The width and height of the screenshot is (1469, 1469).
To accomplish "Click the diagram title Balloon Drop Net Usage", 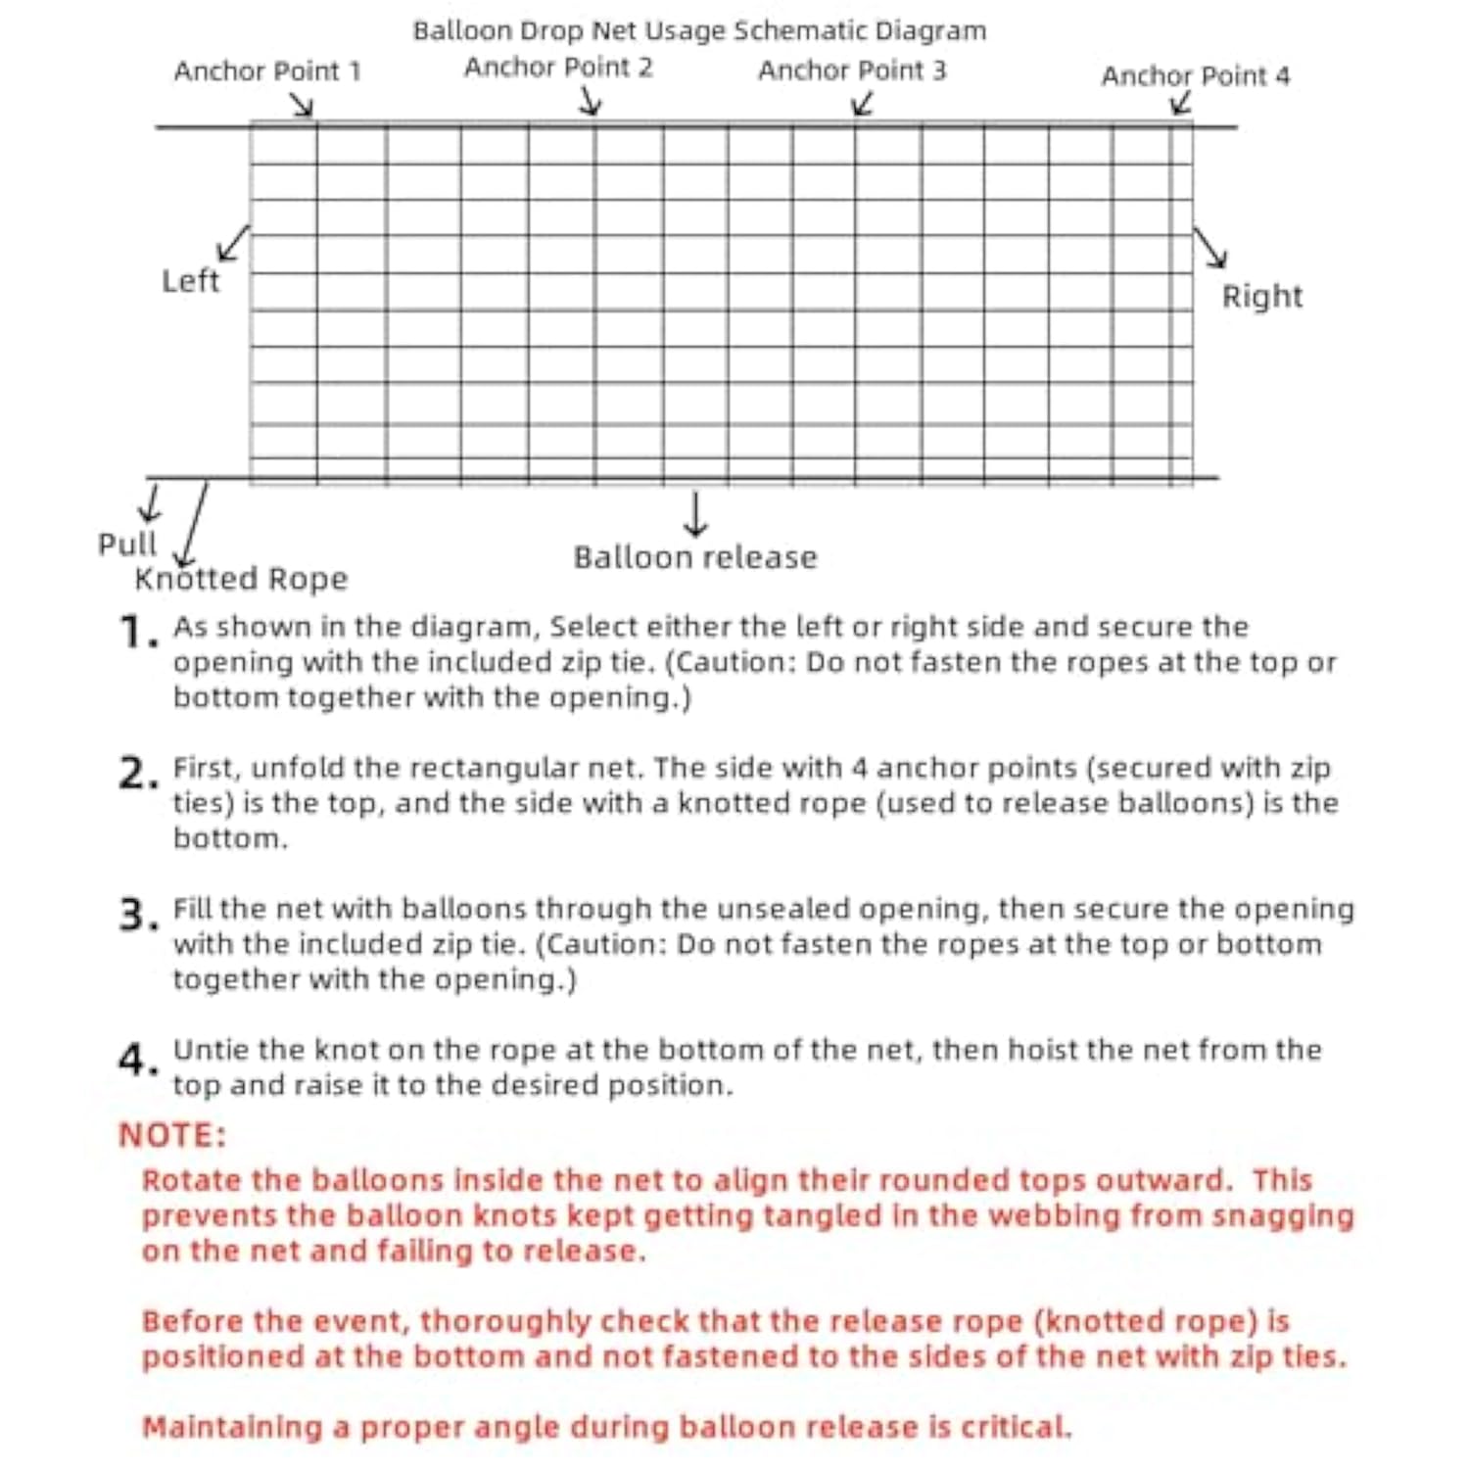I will tap(699, 31).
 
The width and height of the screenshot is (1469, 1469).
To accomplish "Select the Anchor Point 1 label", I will tap(267, 71).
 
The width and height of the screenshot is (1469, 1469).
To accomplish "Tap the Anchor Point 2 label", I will tap(558, 68).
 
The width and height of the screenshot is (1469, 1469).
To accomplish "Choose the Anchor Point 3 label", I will tap(852, 71).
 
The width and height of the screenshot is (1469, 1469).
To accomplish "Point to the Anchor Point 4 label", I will tap(1195, 76).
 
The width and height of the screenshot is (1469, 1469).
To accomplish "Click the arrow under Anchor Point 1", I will tap(303, 105).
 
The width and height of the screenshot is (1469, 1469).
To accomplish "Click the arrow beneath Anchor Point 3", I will tap(862, 104).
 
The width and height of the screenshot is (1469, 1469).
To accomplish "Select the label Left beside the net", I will tap(190, 281).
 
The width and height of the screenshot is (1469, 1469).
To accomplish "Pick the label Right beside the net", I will tap(1261, 297).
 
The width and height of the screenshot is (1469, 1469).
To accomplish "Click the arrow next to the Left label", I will tap(233, 244).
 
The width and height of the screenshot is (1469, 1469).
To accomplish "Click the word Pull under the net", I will tap(126, 545).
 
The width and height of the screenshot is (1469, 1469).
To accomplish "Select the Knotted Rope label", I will tap(241, 579).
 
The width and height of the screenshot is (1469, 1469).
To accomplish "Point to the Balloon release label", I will tap(695, 557).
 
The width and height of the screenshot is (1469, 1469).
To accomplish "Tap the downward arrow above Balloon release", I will tap(695, 514).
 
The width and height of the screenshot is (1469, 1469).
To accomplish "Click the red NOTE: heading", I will tap(172, 1135).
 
